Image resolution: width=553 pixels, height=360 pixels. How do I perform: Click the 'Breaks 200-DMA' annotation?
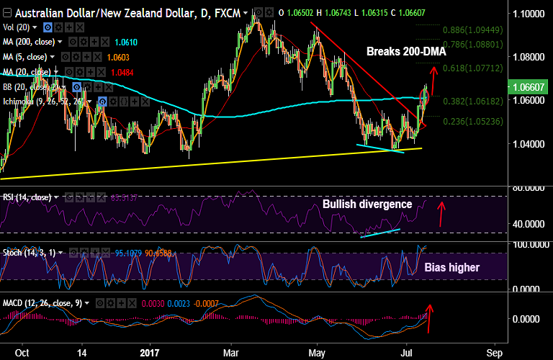[x=406, y=52]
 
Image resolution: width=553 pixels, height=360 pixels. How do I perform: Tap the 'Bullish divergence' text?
[x=367, y=204]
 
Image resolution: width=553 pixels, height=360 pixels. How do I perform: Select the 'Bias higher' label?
[x=451, y=268]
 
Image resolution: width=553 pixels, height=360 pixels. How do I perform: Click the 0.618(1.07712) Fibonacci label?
[x=471, y=68]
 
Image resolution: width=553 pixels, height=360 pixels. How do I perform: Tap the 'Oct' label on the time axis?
[x=22, y=354]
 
